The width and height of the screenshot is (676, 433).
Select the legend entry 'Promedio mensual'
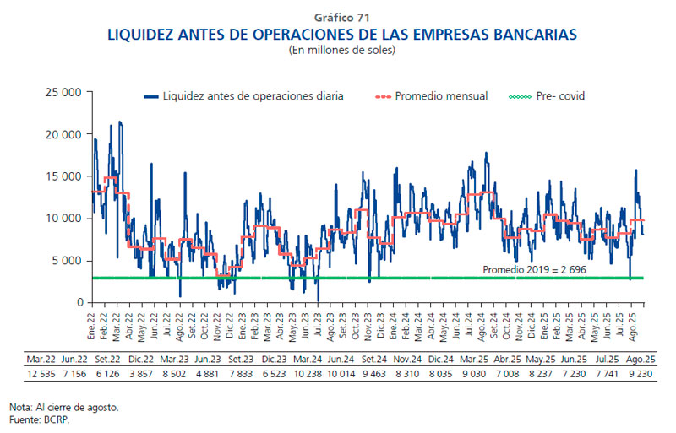[442, 96]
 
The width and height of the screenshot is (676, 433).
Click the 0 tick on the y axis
[79, 303]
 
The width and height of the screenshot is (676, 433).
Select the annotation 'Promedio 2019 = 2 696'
[534, 269]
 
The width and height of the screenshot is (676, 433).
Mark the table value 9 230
[639, 372]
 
